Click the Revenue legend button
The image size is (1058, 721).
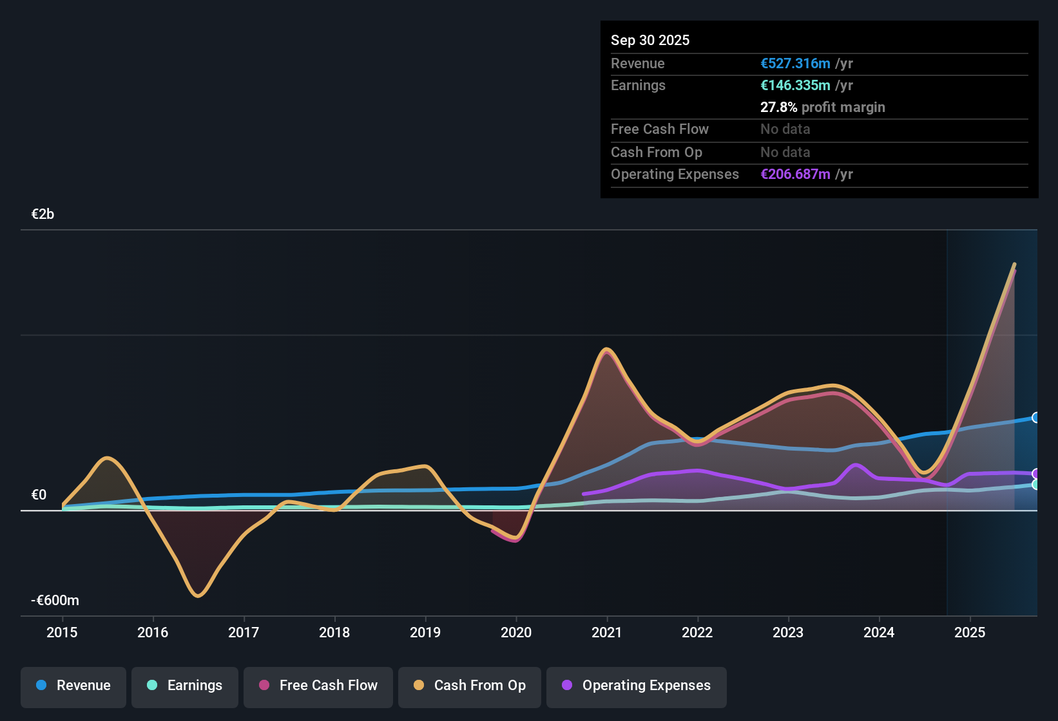[x=73, y=686]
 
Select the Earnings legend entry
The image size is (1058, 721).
[x=185, y=686]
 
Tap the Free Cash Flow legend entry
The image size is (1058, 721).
[x=318, y=686]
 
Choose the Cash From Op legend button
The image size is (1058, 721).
[x=470, y=686]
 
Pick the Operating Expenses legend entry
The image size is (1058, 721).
[x=637, y=686]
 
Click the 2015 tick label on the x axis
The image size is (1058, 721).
[x=62, y=632]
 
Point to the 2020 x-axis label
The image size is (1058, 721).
[x=516, y=632]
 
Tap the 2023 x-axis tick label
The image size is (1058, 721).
[x=788, y=632]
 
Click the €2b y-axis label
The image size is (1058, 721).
[x=43, y=214]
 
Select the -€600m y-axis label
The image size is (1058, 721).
[x=55, y=601]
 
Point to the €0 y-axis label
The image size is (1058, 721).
[x=39, y=495]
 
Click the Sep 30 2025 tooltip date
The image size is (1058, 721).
[x=650, y=41]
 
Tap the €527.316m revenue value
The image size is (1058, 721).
[x=795, y=64]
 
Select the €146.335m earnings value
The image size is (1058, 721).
[x=795, y=86]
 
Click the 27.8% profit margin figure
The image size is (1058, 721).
[x=778, y=108]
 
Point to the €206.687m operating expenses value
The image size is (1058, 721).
[x=795, y=174]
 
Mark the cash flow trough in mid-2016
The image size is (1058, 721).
[x=198, y=595]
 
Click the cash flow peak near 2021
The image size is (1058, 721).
[x=606, y=350]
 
